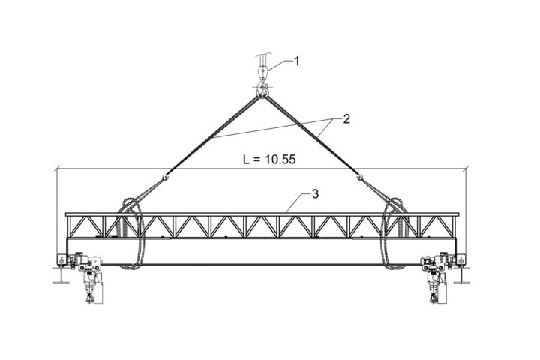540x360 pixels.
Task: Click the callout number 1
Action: click(x=296, y=61)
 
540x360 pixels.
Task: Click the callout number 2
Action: click(x=346, y=118)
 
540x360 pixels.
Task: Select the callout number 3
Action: click(x=315, y=194)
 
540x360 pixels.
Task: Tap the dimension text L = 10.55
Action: click(x=269, y=160)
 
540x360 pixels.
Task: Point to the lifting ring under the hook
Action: click(x=262, y=93)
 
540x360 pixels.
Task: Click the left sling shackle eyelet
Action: click(x=165, y=178)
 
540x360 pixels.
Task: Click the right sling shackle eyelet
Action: click(x=359, y=178)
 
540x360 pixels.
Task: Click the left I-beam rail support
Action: click(x=61, y=274)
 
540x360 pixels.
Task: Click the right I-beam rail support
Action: click(x=461, y=274)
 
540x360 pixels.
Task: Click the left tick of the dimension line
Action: click(x=57, y=169)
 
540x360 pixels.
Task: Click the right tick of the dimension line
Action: click(x=466, y=169)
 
